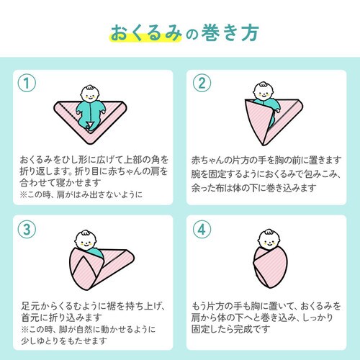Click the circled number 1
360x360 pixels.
(x=27, y=83)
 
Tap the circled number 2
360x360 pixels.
(x=202, y=83)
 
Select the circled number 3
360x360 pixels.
(x=27, y=230)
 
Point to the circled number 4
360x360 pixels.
(x=202, y=230)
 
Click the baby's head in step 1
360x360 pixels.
(x=90, y=94)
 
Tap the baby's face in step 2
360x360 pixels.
(x=264, y=91)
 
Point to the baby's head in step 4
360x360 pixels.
(x=269, y=240)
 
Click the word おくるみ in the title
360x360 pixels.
(x=146, y=32)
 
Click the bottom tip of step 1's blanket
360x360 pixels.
(x=90, y=144)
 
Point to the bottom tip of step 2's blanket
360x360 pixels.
(x=264, y=145)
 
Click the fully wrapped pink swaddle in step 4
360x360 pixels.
(x=270, y=267)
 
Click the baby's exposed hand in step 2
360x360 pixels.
(x=277, y=111)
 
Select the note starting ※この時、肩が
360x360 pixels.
(x=81, y=194)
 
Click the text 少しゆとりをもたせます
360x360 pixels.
(x=64, y=341)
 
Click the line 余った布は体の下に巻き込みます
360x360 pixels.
(x=254, y=188)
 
